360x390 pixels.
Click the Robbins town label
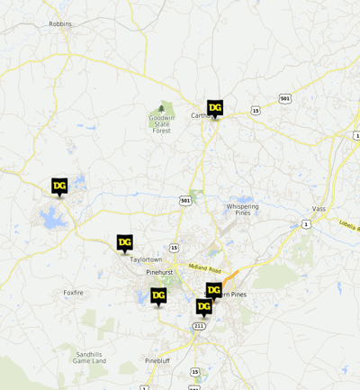(x=61, y=23)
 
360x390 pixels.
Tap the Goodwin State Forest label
(x=161, y=124)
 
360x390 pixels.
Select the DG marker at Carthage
(x=214, y=107)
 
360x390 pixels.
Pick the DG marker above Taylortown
(x=124, y=242)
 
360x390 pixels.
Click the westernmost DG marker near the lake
(x=59, y=186)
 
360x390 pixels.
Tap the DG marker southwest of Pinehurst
(x=158, y=295)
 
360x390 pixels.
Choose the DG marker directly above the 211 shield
(x=203, y=306)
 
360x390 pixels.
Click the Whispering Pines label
(x=242, y=209)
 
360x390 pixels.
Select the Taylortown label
(x=145, y=259)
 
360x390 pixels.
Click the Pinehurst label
(x=158, y=271)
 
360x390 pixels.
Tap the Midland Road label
(x=204, y=267)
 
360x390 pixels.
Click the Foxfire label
(x=73, y=293)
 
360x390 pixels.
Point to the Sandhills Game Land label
(x=90, y=358)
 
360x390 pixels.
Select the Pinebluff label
(x=157, y=360)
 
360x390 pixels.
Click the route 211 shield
(x=199, y=325)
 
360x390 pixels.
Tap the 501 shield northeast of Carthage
(x=285, y=97)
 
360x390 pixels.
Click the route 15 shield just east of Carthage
(x=256, y=110)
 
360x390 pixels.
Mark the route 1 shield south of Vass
(x=306, y=223)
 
